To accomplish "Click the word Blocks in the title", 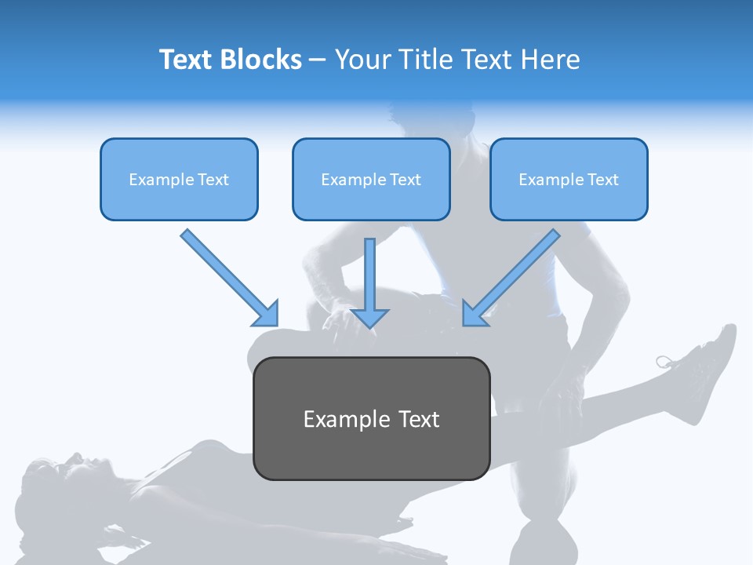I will (263, 60).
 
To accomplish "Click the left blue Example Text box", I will (179, 179).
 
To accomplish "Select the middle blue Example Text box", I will (371, 179).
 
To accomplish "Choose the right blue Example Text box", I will (569, 179).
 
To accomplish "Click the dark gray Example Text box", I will (371, 418).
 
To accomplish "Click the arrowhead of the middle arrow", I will (370, 317).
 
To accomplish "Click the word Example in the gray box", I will (336, 419).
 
